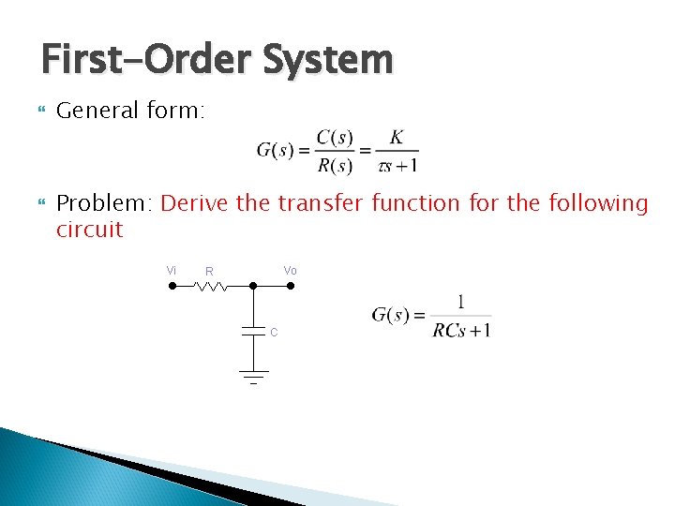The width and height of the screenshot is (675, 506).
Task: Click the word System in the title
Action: click(328, 61)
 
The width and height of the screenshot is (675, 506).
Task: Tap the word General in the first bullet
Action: click(97, 111)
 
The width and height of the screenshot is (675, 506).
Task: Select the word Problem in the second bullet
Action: click(104, 203)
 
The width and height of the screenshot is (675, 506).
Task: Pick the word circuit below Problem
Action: click(89, 230)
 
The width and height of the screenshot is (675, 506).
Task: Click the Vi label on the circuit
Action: click(172, 270)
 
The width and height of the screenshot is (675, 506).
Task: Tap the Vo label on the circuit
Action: click(291, 270)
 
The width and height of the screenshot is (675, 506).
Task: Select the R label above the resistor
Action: click(210, 272)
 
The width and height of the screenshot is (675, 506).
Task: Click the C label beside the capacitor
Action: click(274, 332)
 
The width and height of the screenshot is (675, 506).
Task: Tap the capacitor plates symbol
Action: click(252, 331)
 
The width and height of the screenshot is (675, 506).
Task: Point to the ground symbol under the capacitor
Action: click(252, 377)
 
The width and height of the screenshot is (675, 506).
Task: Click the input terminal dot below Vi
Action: click(172, 286)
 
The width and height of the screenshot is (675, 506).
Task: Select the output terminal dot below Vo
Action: click(290, 286)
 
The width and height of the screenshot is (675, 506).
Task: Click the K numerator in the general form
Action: click(397, 138)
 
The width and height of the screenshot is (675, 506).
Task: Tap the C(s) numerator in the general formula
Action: click(335, 138)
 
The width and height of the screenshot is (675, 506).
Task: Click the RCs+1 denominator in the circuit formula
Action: click(461, 330)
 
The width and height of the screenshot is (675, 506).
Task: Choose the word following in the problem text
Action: click(598, 203)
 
